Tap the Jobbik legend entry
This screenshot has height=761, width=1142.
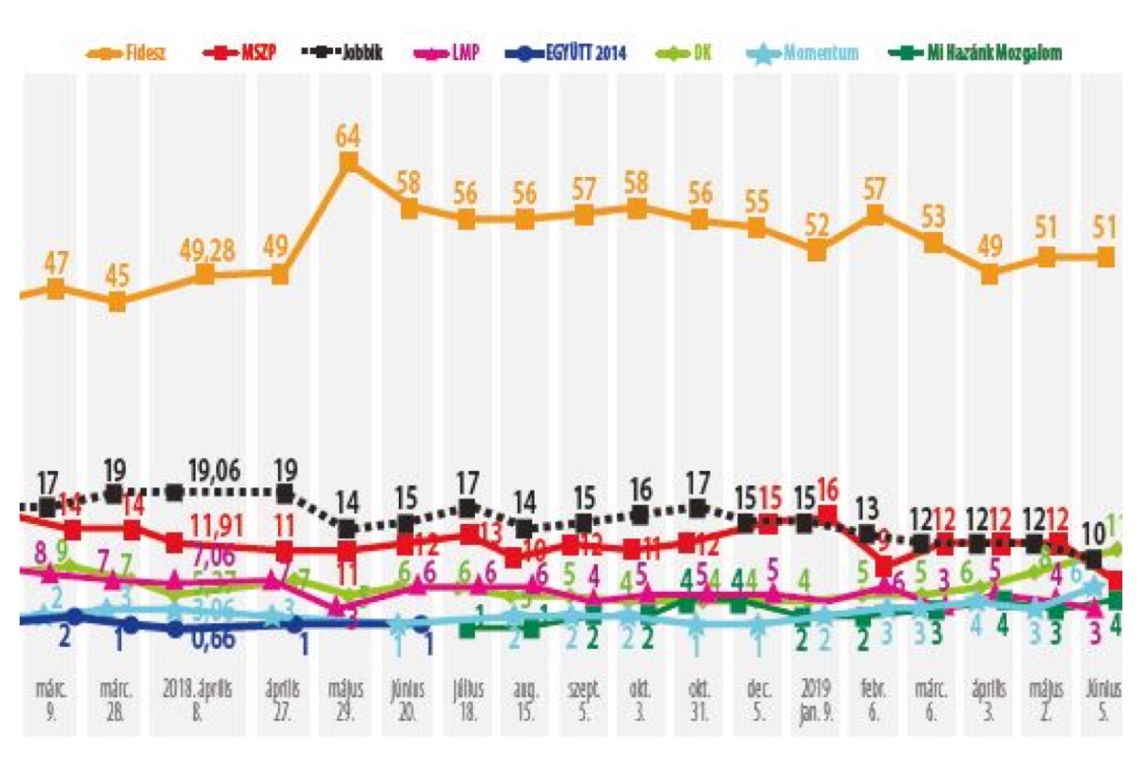click(346, 53)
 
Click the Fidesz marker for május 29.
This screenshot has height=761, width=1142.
click(348, 163)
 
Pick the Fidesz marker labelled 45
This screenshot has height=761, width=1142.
click(116, 302)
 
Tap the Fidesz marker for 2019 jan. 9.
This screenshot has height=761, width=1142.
click(816, 251)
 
